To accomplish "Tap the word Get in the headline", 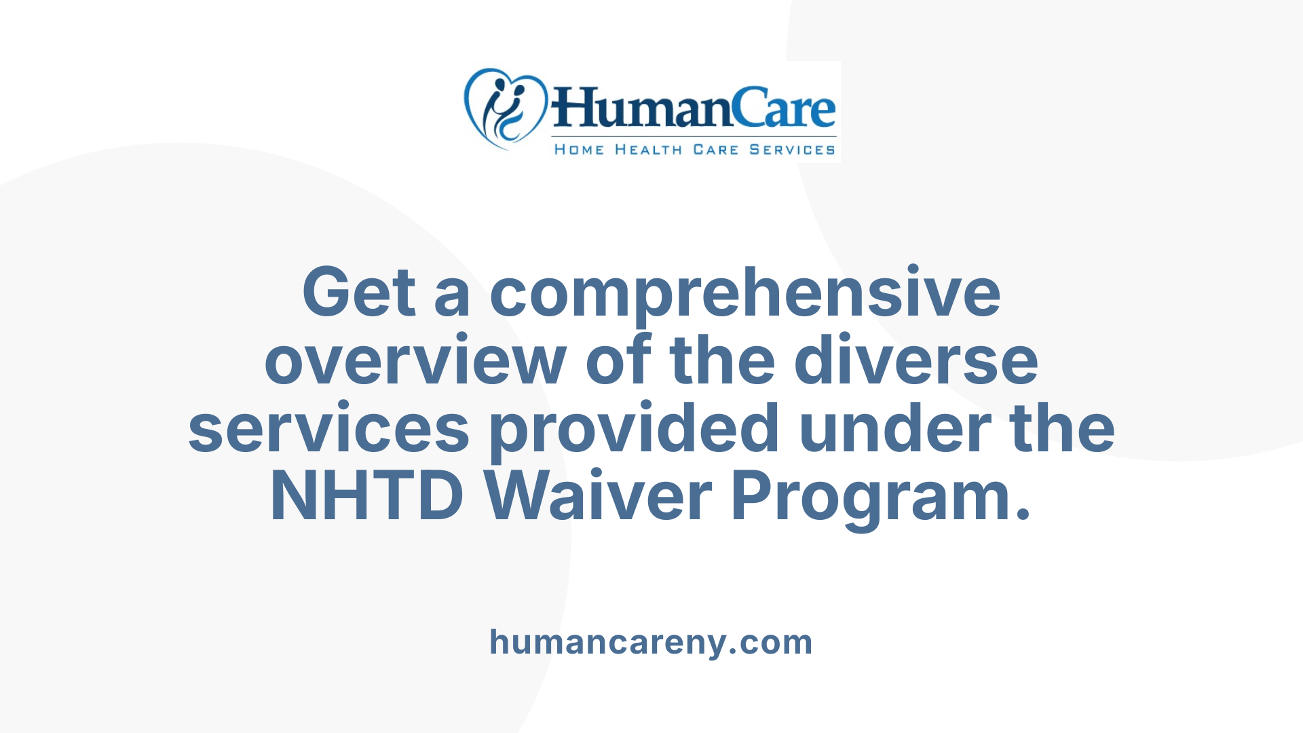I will pyautogui.click(x=358, y=293).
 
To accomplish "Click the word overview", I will pyautogui.click(x=415, y=360).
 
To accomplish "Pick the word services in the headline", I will pyautogui.click(x=328, y=428).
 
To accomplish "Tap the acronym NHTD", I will pyautogui.click(x=367, y=496).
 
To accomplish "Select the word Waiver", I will pyautogui.click(x=599, y=496).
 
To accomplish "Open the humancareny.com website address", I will pyautogui.click(x=651, y=642).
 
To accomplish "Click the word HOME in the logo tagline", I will pyautogui.click(x=579, y=149).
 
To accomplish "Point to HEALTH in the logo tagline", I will pyautogui.click(x=648, y=149).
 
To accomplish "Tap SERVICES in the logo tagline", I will pyautogui.click(x=792, y=149).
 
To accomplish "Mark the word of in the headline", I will pyautogui.click(x=618, y=360).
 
